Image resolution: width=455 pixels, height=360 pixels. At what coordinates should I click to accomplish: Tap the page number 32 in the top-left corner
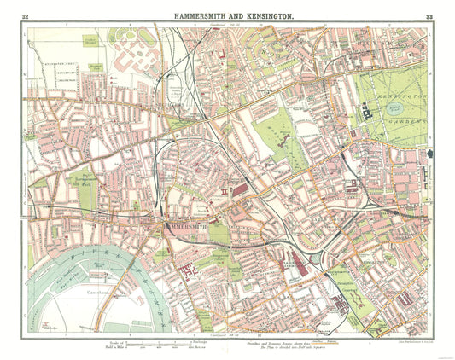point(26,16)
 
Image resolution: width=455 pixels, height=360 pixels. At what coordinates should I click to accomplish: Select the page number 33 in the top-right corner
point(429,16)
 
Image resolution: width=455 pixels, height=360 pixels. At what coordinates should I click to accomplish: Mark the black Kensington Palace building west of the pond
point(369,109)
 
